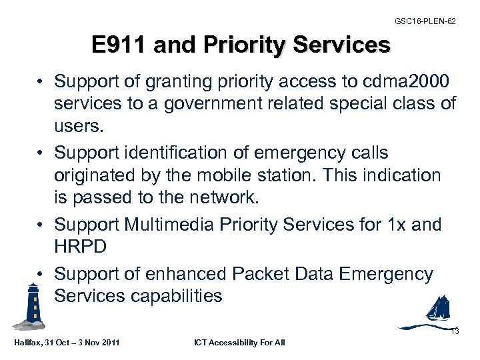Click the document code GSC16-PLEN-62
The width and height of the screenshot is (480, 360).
425,21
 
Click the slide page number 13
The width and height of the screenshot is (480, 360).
455,331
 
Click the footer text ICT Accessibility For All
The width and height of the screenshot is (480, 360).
239,343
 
